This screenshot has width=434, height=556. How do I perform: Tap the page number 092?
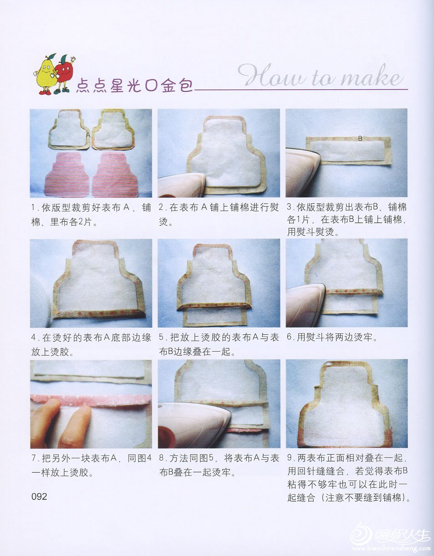(x=39, y=496)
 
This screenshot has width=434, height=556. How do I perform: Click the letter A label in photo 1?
(x=88, y=135)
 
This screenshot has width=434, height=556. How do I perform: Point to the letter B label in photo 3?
(x=360, y=139)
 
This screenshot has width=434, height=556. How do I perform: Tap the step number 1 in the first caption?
(x=33, y=207)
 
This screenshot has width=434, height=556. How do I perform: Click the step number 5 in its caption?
(x=161, y=337)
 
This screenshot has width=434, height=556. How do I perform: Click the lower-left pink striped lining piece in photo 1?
(x=66, y=175)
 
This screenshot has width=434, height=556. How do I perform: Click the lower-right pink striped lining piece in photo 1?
(x=115, y=175)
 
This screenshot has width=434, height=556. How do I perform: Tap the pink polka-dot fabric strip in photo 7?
(x=91, y=401)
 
